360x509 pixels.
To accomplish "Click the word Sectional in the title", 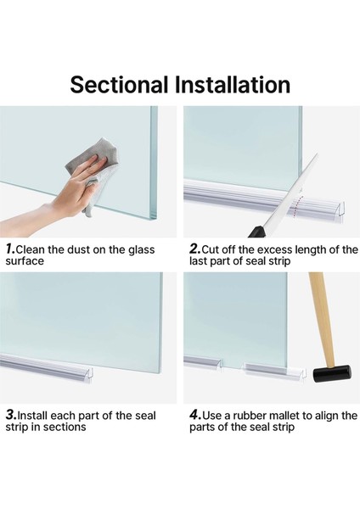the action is [119, 85].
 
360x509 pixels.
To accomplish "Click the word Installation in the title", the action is [233, 85].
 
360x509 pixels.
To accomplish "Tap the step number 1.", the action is [10, 249].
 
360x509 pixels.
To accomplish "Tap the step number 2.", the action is [195, 249].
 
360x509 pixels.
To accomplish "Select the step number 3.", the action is [11, 415].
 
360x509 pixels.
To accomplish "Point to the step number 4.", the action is [195, 415].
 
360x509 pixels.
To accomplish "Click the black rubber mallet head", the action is [332, 374].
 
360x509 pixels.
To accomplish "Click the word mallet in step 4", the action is [285, 416].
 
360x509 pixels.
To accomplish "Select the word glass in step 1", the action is [141, 250].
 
